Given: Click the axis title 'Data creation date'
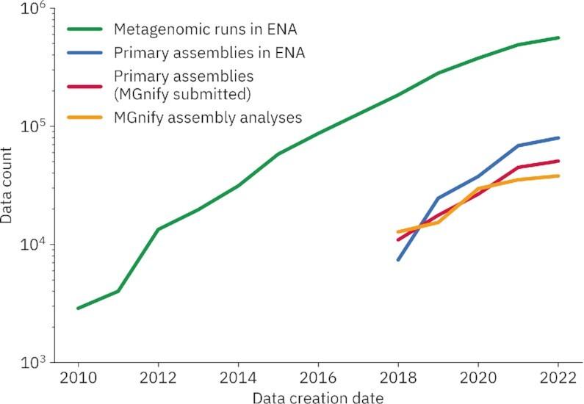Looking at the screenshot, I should coord(317,397).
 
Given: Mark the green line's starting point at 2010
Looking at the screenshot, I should coord(77,309).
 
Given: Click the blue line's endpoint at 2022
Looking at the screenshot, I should coord(558,138).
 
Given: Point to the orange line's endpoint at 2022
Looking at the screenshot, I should coord(558,176).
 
